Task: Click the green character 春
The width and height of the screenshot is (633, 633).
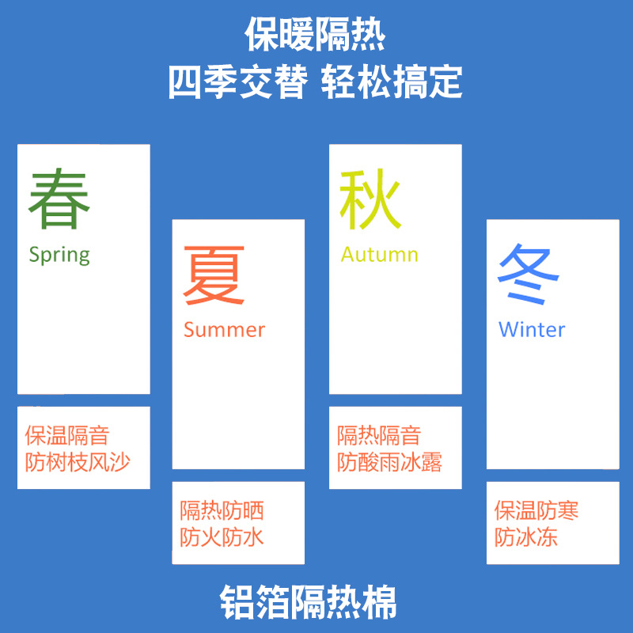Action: [59, 199]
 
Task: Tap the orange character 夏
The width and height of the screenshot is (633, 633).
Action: [214, 275]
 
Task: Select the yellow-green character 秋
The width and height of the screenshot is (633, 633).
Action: [370, 199]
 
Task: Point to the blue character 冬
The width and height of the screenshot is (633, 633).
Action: [528, 275]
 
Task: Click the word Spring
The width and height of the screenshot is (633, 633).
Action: [59, 255]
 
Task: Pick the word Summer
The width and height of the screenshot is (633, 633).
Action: [224, 329]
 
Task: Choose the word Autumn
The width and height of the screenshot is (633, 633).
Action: [379, 255]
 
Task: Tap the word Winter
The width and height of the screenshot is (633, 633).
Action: [532, 329]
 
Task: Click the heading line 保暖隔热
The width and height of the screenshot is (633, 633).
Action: [315, 35]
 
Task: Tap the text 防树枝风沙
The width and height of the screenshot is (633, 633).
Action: [78, 462]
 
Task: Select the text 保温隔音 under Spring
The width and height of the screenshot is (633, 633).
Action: [66, 435]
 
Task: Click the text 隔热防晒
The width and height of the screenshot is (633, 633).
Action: [222, 511]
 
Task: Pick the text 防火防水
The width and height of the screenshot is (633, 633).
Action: [222, 538]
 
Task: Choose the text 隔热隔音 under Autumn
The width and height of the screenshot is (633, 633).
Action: [379, 435]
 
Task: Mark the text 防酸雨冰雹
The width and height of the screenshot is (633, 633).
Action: [390, 462]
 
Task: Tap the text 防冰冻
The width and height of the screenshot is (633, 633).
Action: [526, 538]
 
